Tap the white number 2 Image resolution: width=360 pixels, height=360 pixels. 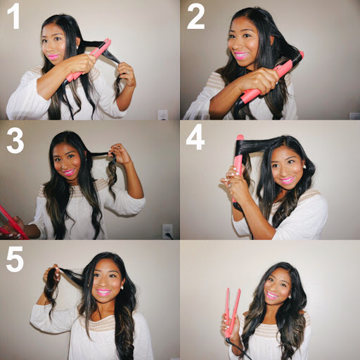click(195, 16)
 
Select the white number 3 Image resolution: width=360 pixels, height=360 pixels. click(15, 141)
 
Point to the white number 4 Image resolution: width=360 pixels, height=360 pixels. click(195, 137)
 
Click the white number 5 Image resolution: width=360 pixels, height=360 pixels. click(15, 259)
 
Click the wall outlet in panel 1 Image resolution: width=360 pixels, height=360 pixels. click(162, 115)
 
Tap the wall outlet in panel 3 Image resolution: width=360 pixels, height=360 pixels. click(167, 231)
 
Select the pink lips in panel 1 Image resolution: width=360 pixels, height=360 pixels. click(53, 57)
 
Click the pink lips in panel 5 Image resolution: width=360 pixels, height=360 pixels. click(103, 292)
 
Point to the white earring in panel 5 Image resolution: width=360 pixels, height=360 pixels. click(122, 288)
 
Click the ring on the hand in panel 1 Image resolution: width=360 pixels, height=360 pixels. click(128, 73)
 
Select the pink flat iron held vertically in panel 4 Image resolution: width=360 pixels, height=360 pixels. click(238, 169)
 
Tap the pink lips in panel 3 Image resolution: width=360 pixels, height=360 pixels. click(69, 172)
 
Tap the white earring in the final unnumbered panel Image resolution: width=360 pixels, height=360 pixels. click(290, 297)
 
